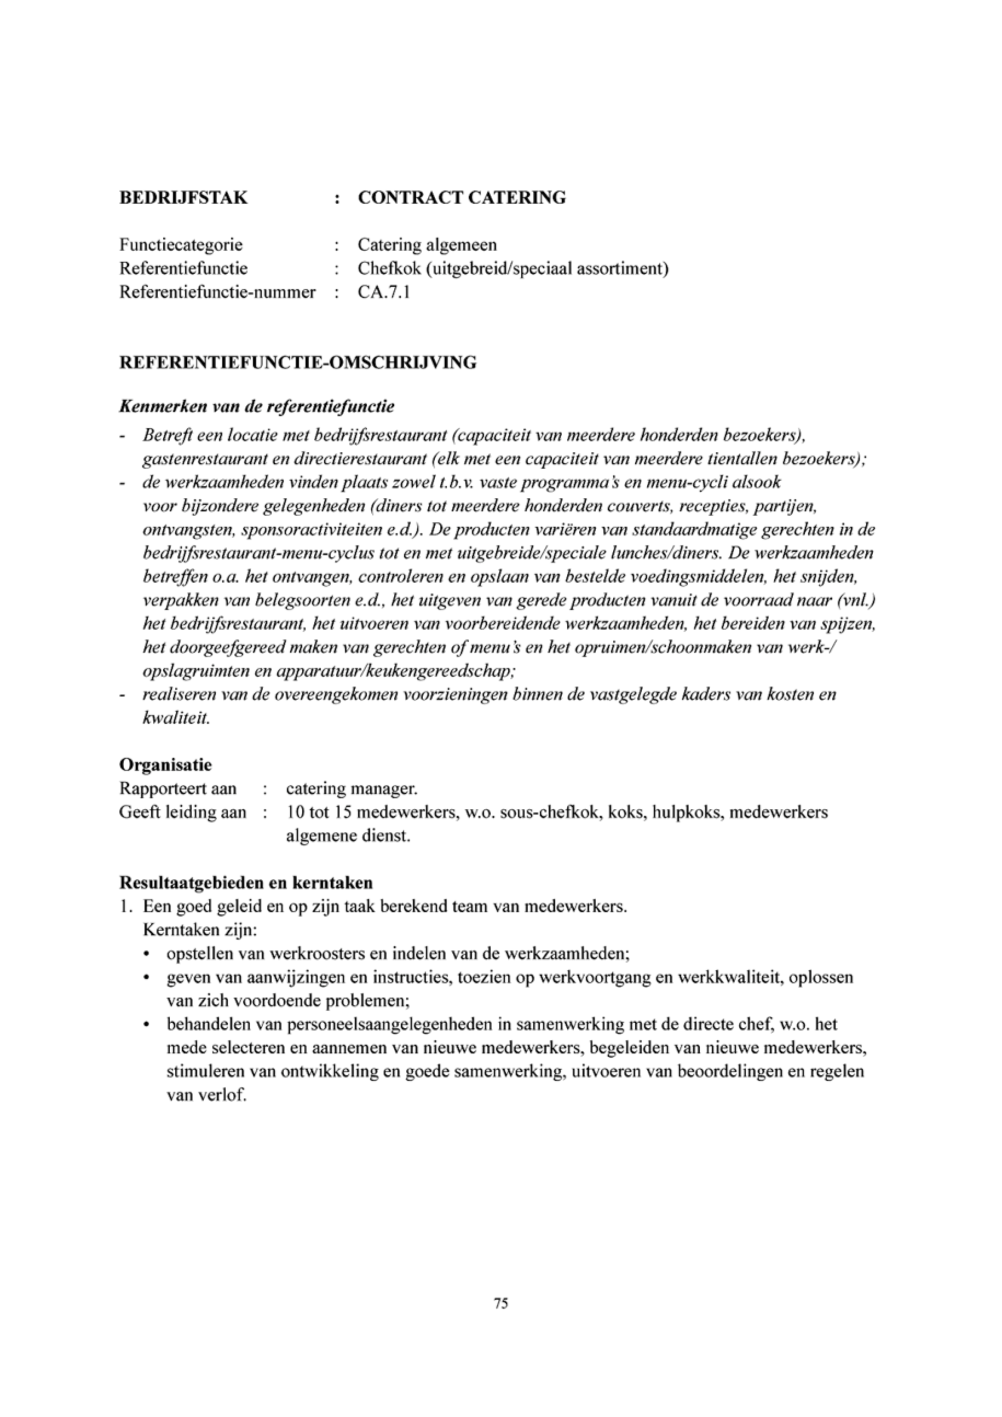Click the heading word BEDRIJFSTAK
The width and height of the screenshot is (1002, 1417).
click(x=183, y=198)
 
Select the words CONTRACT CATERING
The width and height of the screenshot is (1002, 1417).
click(x=462, y=198)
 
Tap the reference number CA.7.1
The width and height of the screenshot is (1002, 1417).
click(x=384, y=292)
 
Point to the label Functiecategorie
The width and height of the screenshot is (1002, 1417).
click(x=181, y=245)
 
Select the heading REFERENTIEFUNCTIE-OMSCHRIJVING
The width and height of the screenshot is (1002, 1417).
click(x=297, y=363)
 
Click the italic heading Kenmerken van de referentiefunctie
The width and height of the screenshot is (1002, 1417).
click(x=257, y=407)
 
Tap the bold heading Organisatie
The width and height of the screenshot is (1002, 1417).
click(x=165, y=765)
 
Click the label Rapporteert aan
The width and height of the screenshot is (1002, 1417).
click(x=178, y=790)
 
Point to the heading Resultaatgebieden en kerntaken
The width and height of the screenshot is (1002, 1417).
click(x=245, y=883)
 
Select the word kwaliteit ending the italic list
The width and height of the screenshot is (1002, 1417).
click(x=176, y=719)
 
